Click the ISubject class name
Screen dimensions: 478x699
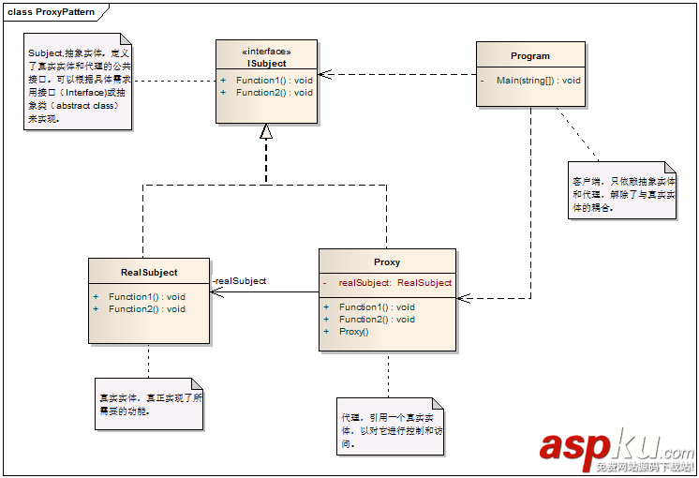[266, 63]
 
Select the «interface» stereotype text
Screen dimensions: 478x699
[266, 51]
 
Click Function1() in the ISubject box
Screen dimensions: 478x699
[274, 81]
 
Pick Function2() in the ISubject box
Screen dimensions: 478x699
[274, 93]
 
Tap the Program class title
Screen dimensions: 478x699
[530, 56]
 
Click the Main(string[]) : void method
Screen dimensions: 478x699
[538, 81]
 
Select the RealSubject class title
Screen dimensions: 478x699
[149, 273]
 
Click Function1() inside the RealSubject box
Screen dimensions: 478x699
[146, 297]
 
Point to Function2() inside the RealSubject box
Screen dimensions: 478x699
[146, 309]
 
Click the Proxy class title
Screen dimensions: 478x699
[387, 262]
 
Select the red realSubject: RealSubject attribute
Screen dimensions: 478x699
[394, 282]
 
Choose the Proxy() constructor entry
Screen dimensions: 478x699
[353, 332]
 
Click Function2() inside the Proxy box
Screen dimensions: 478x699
[377, 320]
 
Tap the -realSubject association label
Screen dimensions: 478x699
[239, 281]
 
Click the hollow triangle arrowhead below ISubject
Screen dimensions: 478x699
[266, 132]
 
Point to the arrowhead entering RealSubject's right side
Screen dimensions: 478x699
[216, 291]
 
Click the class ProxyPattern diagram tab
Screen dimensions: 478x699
[49, 11]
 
